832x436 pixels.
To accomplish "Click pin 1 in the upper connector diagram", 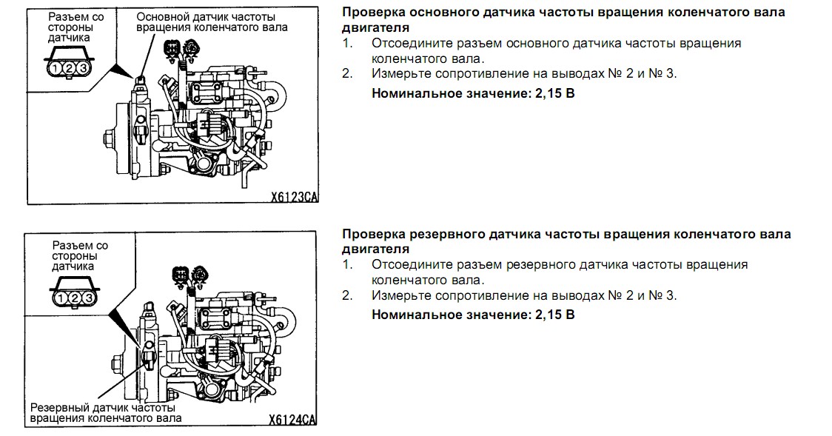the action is tap(56, 68).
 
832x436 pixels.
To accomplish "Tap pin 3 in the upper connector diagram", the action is tap(82, 68).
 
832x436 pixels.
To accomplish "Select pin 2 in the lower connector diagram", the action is tap(74, 298).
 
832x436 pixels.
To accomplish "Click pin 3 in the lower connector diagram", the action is tap(87, 298).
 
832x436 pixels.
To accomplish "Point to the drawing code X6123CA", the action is tap(293, 198).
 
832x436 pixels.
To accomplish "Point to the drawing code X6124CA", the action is tap(292, 420).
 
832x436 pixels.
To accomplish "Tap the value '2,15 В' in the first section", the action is tap(555, 94).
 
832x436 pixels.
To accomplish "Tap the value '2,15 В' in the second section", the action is tap(555, 315).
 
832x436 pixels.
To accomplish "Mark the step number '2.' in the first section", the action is tap(348, 73).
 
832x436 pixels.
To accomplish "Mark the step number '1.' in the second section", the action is tap(348, 264).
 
